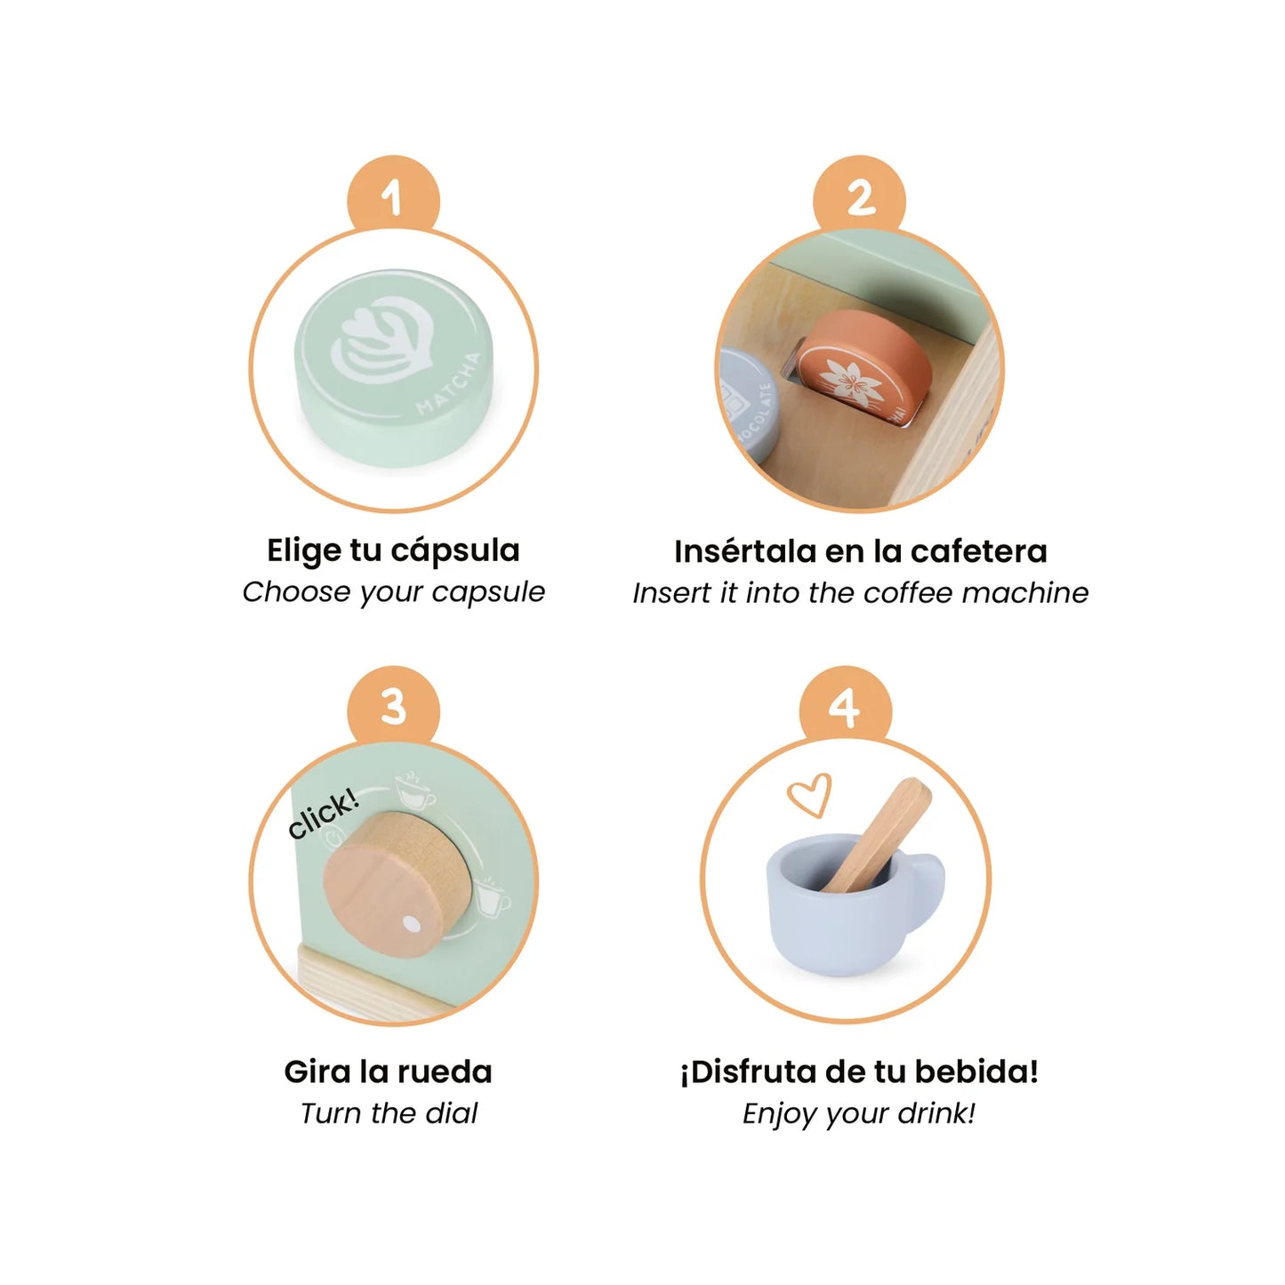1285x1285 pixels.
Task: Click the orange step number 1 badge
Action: (x=393, y=197)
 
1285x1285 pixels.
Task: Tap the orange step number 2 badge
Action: (x=860, y=197)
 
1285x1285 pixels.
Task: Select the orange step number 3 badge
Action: (x=393, y=708)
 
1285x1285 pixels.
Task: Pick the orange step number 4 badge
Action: (x=845, y=708)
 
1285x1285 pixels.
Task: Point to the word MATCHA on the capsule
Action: (x=450, y=384)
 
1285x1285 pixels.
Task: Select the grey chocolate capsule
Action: (x=747, y=406)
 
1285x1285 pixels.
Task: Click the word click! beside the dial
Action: (x=324, y=813)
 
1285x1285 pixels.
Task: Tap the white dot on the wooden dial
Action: (x=413, y=925)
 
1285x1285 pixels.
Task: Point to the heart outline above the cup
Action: (x=810, y=794)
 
